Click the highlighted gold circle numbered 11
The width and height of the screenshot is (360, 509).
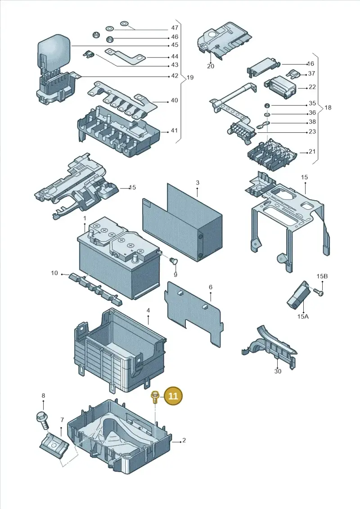point(173,396)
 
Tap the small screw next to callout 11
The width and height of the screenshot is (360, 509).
point(155,397)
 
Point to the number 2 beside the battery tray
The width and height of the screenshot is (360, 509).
point(184,440)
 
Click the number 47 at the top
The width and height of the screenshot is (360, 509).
point(175,28)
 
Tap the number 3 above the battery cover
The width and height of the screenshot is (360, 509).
point(198,183)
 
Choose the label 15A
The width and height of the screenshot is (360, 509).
point(302,315)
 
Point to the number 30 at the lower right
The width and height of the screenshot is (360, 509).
point(278,371)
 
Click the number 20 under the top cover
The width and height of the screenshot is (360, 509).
point(211,66)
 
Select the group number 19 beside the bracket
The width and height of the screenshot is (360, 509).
point(190,77)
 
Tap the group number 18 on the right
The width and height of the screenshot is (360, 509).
point(328,107)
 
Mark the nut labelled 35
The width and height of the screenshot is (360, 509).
point(266,105)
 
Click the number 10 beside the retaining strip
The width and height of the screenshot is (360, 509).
point(54,273)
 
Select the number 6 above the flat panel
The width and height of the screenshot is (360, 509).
point(210,287)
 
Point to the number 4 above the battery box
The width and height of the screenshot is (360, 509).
point(148,311)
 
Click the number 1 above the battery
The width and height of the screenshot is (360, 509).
point(85,218)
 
